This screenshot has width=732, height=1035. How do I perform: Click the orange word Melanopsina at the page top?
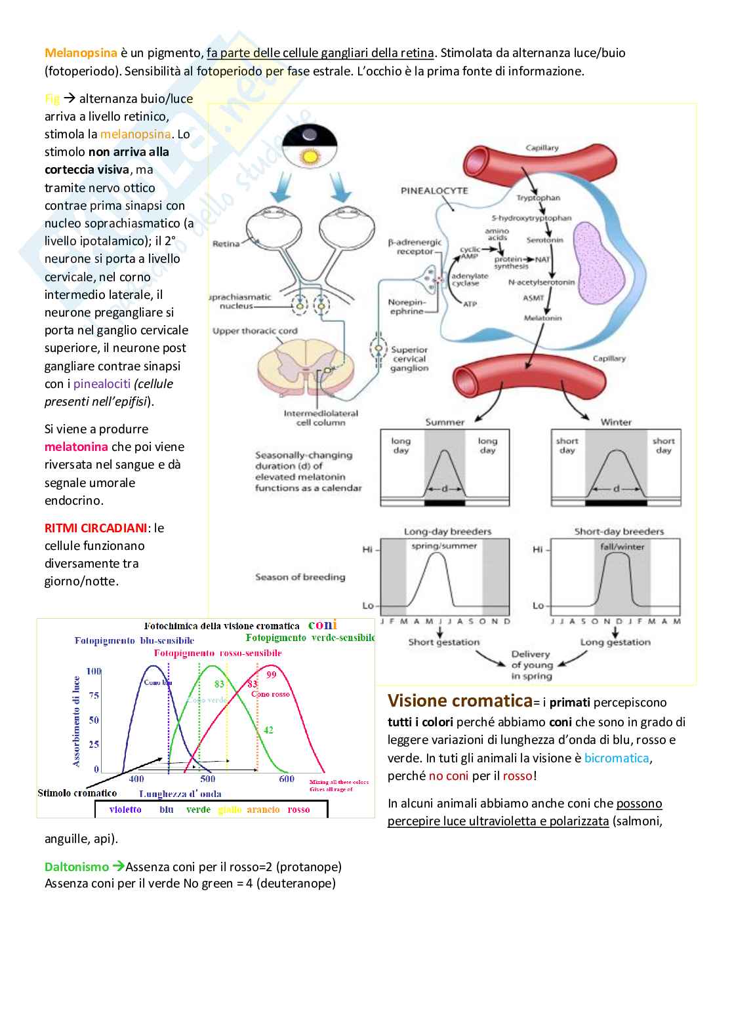(x=81, y=53)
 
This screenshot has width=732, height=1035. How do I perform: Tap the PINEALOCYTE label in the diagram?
(x=434, y=191)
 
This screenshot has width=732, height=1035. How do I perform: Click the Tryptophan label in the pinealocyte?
(x=538, y=198)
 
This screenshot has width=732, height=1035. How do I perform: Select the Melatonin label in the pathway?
(x=542, y=318)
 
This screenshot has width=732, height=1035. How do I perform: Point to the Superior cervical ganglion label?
(x=409, y=359)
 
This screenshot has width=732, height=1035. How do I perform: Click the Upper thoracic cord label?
(x=254, y=331)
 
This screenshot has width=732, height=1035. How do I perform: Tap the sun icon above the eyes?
(x=309, y=156)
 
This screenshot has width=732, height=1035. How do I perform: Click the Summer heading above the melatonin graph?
(x=445, y=422)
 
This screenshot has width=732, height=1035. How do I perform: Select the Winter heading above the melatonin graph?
(x=616, y=422)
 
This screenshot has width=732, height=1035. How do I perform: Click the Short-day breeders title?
(x=619, y=532)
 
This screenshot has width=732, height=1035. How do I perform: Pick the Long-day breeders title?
(x=447, y=532)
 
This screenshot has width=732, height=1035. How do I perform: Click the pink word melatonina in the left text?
(x=76, y=447)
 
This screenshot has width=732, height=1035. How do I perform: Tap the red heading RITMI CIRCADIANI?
(x=96, y=528)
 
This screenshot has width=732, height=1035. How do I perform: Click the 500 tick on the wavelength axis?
(x=207, y=779)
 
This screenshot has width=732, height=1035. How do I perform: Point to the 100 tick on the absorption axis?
(x=94, y=671)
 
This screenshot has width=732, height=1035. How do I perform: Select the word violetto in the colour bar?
(x=125, y=810)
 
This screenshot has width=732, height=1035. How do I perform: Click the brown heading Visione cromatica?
(x=460, y=701)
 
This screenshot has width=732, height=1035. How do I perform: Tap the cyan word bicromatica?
(x=617, y=758)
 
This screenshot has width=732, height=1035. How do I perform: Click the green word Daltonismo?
(x=77, y=867)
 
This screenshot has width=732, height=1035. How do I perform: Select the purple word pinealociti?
(x=102, y=384)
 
